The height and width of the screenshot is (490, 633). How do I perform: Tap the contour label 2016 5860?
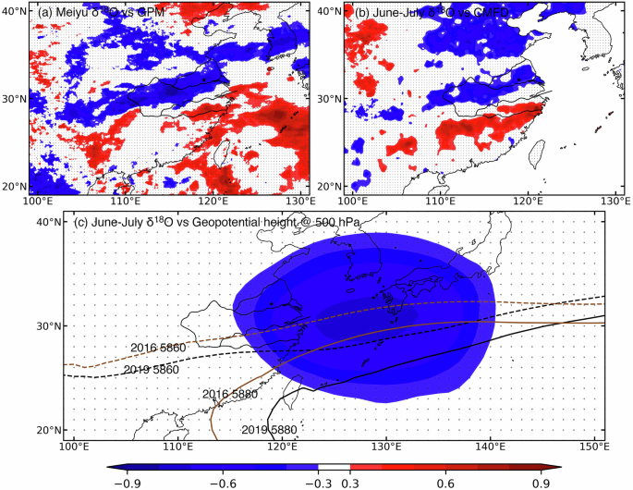158,347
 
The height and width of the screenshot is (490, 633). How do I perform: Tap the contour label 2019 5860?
152,370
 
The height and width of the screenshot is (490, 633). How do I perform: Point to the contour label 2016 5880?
230,395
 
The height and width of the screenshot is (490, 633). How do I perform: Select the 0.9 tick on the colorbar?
542,482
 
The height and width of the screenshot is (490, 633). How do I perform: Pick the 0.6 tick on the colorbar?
444,482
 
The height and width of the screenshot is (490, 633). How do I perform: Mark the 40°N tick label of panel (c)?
49,222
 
